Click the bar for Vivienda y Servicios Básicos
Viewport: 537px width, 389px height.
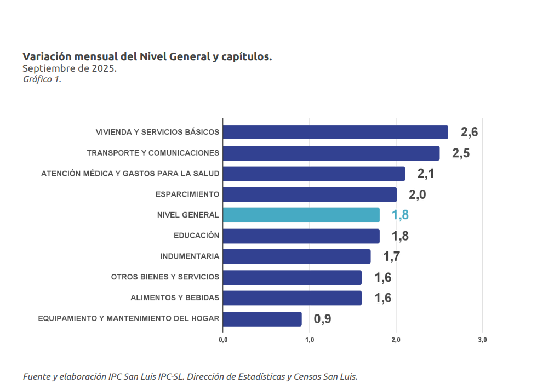pos(335,132)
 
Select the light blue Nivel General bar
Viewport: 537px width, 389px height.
pos(301,215)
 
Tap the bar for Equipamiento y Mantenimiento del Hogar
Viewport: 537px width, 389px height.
pos(262,319)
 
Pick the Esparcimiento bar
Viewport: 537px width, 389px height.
pos(310,195)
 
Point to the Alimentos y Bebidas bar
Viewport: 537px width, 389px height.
pos(293,298)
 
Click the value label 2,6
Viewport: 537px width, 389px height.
pos(469,132)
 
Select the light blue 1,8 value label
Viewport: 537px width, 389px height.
pos(400,215)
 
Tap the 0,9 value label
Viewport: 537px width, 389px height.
pos(322,319)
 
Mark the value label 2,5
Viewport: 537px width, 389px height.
pos(460,153)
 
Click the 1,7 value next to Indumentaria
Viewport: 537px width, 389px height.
pos(391,256)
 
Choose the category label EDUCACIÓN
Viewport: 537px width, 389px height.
pos(196,236)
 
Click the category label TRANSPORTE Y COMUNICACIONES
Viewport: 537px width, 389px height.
pos(153,153)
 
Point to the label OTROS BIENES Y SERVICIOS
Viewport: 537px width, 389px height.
pos(165,277)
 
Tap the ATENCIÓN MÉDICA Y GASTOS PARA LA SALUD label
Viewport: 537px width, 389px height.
pos(130,174)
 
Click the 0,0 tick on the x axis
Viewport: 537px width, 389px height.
pos(223,340)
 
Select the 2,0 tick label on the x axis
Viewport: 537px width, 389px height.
pos(396,340)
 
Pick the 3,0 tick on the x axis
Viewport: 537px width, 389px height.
pos(482,340)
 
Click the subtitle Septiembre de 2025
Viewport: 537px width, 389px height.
pos(69,68)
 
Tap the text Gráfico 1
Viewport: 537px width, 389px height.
pos(42,79)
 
